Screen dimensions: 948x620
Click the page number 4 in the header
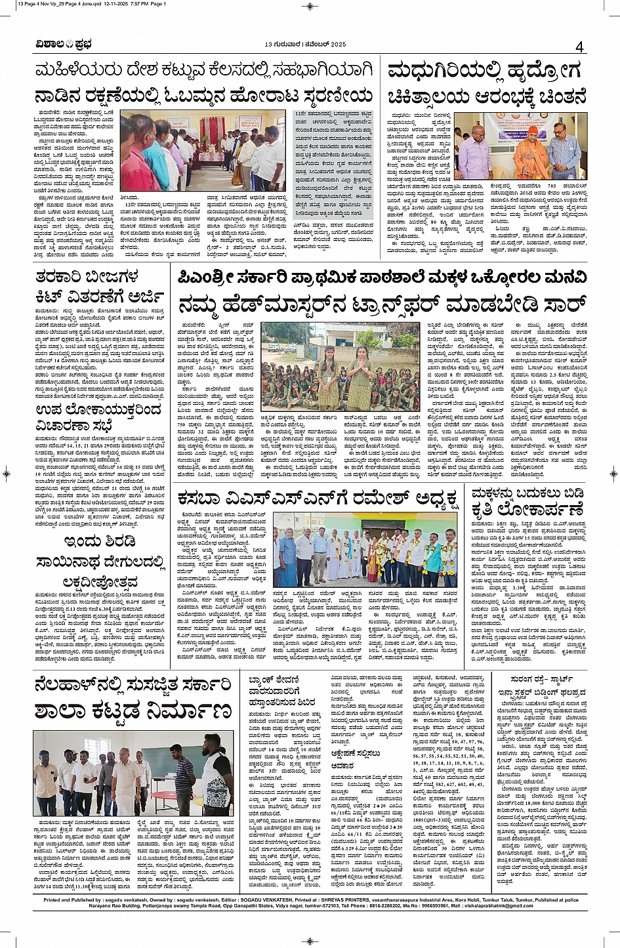[579, 47]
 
